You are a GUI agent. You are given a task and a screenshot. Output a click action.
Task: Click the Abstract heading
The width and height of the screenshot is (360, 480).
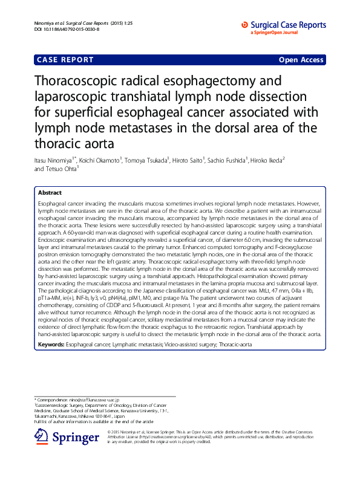click(50, 192)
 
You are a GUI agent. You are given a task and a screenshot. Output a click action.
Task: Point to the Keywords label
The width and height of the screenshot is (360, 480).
click(51, 343)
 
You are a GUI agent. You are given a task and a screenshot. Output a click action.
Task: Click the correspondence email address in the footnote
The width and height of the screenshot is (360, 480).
click(92, 400)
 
